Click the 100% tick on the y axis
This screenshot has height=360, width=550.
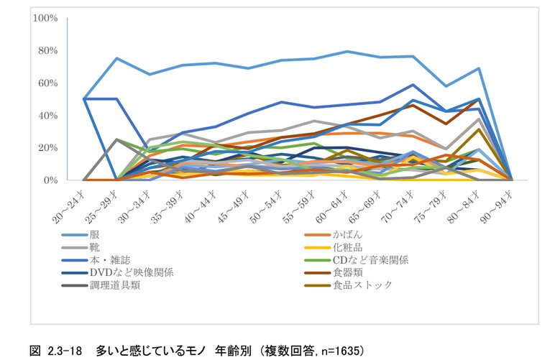click(x=45, y=18)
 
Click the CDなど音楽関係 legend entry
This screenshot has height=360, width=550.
click(x=370, y=259)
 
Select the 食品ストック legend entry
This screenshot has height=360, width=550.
click(x=363, y=285)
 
